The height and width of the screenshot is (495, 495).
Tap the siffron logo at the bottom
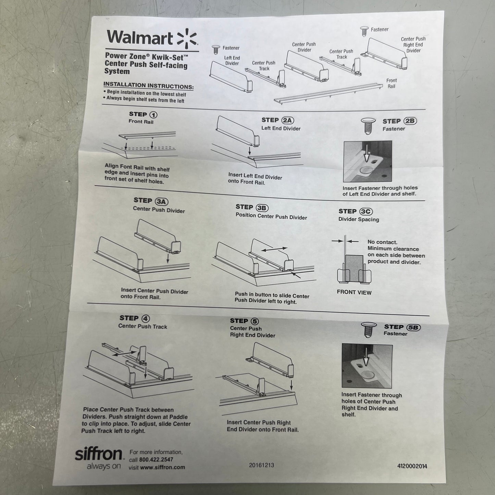pyautogui.click(x=98, y=455)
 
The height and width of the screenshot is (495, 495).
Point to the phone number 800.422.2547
pyautogui.click(x=156, y=460)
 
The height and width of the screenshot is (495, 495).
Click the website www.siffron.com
pyautogui.click(x=162, y=467)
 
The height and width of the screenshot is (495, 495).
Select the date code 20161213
pyautogui.click(x=261, y=465)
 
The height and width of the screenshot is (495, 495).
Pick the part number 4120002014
pyautogui.click(x=412, y=466)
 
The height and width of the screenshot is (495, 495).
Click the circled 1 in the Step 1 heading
pyautogui.click(x=153, y=115)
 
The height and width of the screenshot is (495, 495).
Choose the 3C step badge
pyautogui.click(x=366, y=212)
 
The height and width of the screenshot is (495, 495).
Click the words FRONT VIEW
pyautogui.click(x=354, y=292)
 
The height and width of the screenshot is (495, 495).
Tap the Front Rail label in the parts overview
pyautogui.click(x=391, y=83)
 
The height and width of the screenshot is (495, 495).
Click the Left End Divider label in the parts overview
pyautogui.click(x=232, y=61)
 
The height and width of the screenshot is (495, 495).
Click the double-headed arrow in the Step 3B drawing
pyautogui.click(x=274, y=249)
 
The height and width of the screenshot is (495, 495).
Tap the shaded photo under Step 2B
pyautogui.click(x=367, y=161)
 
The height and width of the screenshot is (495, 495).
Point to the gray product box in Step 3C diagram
pyautogui.click(x=354, y=267)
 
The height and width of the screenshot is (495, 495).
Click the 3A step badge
pyautogui.click(x=162, y=201)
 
